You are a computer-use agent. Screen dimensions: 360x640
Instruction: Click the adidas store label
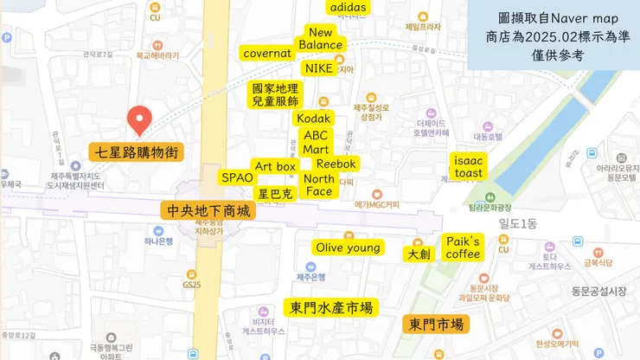pos(349,8)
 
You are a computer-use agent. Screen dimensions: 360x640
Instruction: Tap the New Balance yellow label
pos(321,39)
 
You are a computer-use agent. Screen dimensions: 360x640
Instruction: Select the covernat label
pos(267,54)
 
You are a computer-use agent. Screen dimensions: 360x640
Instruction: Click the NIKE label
pos(318,68)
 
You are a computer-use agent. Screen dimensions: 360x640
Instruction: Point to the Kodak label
pos(313,118)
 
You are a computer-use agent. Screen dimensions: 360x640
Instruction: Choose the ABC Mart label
pos(316,143)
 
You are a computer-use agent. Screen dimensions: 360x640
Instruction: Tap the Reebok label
pos(336,164)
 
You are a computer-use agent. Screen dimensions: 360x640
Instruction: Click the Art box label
pos(275,165)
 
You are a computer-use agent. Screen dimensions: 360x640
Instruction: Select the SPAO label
pos(237,177)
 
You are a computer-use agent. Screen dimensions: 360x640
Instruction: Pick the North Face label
pos(319,185)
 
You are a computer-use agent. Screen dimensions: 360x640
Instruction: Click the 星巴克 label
pos(275,194)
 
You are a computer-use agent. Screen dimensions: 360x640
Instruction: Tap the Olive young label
pos(348,247)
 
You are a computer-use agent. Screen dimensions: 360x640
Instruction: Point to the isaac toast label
pos(469,167)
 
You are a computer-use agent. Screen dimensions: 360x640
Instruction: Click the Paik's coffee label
pos(463,247)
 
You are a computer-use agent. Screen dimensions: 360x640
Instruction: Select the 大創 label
pos(419,254)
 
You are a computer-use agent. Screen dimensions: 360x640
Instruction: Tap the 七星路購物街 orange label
pos(137,153)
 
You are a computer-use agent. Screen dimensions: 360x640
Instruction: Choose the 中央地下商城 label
pos(208,210)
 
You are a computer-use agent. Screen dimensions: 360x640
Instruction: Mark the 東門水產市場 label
pos(332,307)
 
